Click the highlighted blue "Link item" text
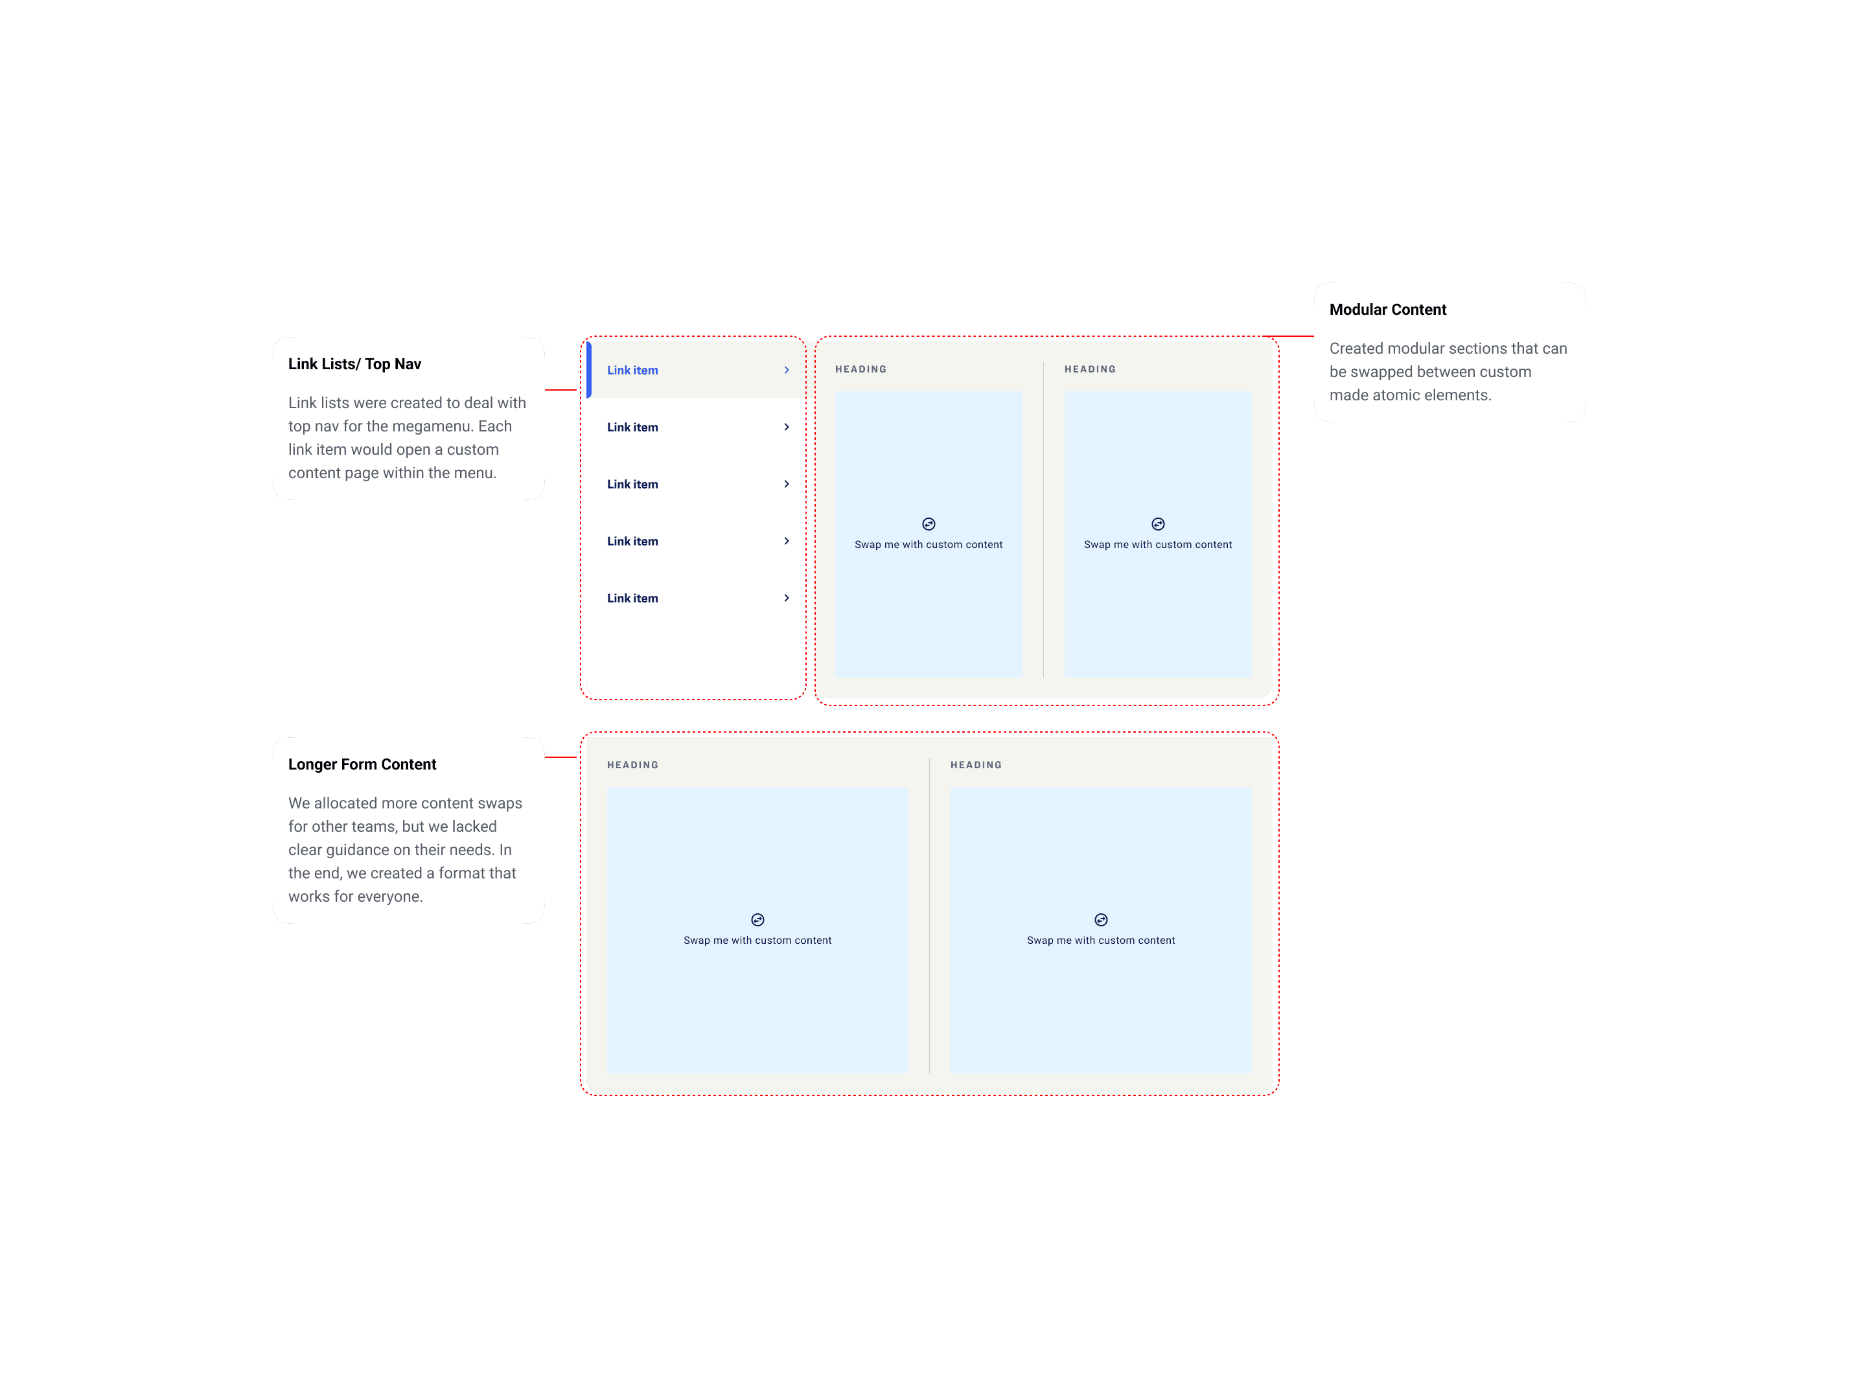(632, 371)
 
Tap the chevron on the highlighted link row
(787, 371)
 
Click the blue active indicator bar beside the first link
(589, 370)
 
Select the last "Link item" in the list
(632, 599)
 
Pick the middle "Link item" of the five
(632, 485)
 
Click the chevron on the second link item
(787, 428)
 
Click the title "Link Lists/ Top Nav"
(354, 364)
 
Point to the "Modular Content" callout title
(1387, 309)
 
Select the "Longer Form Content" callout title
(362, 764)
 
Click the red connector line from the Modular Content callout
(1294, 337)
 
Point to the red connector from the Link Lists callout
(561, 391)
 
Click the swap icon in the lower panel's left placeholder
(757, 920)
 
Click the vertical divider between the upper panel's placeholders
(1043, 521)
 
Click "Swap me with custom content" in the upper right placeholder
(1157, 545)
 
